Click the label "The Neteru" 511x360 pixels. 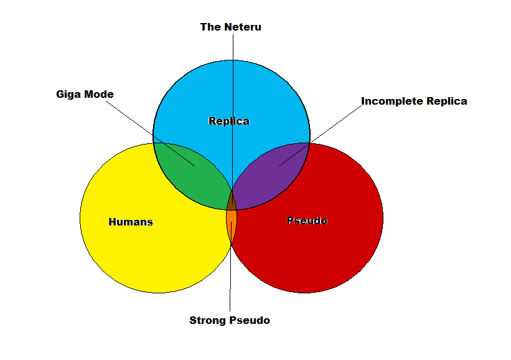coord(230,27)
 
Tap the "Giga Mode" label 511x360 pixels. coord(85,95)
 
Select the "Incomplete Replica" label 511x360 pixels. coord(414,101)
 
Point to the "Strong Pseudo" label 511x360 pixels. coord(230,321)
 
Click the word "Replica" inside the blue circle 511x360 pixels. coord(228,121)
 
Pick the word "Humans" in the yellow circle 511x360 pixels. coord(131,222)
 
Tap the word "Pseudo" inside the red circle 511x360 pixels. coord(307,220)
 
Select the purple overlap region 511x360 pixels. coord(274,174)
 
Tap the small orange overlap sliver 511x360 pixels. coord(231,224)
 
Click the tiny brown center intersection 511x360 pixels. coord(232,202)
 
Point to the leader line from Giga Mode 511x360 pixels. coord(143,125)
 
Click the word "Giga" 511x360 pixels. coord(68,95)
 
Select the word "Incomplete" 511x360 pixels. coord(390,101)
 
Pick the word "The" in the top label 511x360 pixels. coord(209,27)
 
